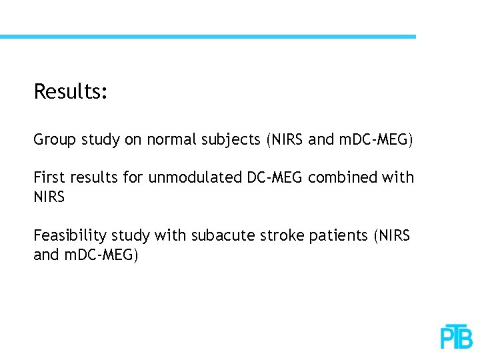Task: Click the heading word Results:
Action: coord(70,91)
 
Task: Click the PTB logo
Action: coord(457,337)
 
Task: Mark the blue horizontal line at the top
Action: coord(207,37)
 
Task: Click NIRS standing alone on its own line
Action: coord(49,197)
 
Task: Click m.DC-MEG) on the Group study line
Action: coord(375,140)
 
